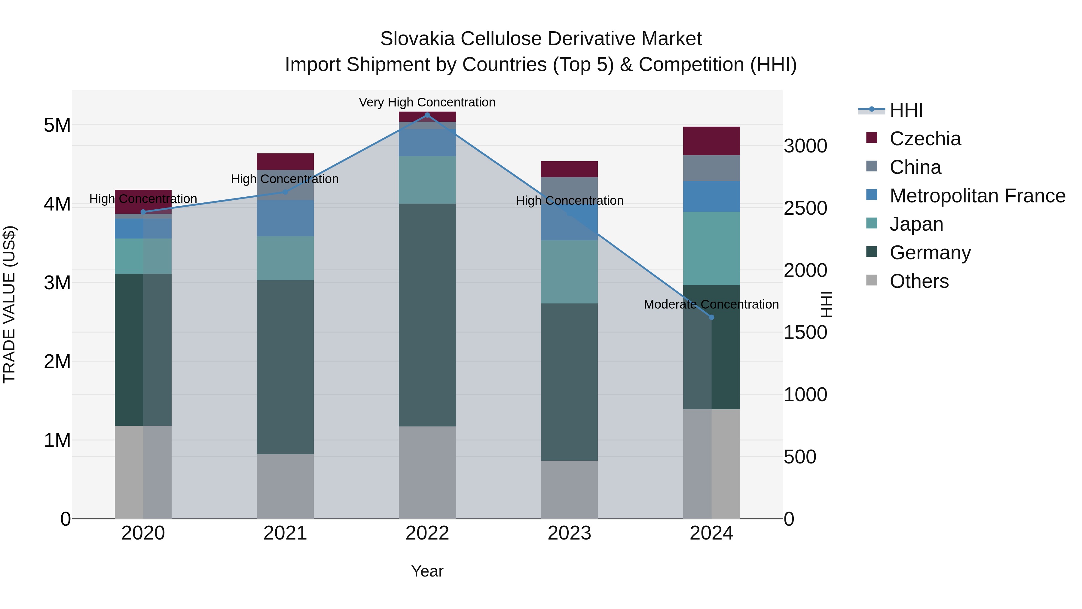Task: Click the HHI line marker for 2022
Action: tap(427, 115)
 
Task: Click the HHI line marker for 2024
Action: tap(711, 317)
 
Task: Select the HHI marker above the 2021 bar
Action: tap(285, 192)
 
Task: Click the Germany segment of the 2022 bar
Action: tap(427, 315)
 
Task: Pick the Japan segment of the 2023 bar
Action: tap(569, 272)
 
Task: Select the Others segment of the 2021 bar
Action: tap(285, 486)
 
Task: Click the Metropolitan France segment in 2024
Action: tap(711, 196)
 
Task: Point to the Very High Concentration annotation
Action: tap(427, 103)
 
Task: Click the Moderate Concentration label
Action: tap(711, 304)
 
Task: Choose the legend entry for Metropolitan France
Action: tap(977, 196)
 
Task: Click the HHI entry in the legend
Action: tap(906, 110)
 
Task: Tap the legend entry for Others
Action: tap(919, 281)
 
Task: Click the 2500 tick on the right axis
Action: tap(805, 208)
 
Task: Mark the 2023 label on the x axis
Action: tap(569, 533)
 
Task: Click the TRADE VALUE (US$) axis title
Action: tap(9, 304)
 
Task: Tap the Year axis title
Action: tap(427, 571)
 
